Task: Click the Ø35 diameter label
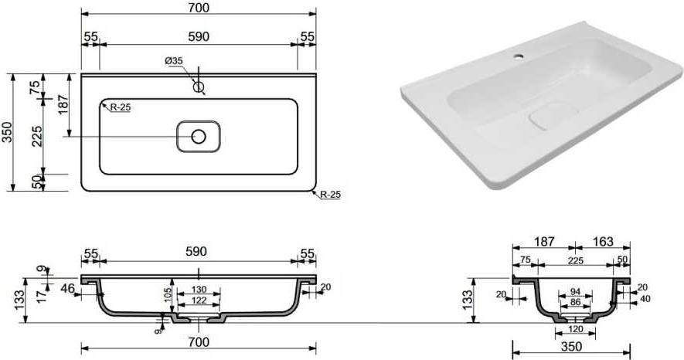click(174, 61)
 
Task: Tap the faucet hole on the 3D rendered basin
click(519, 56)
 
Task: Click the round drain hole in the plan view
click(199, 137)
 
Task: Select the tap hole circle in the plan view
click(199, 87)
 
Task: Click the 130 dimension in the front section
click(199, 290)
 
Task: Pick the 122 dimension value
click(199, 300)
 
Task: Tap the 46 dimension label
click(67, 288)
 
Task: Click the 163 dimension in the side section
click(603, 241)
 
